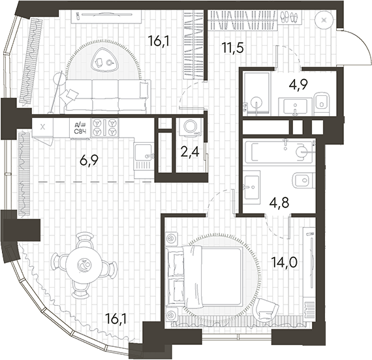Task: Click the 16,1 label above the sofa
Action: [x=159, y=40]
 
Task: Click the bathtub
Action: [x=281, y=151]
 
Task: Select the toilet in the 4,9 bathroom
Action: [x=321, y=102]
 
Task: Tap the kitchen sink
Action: [x=144, y=155]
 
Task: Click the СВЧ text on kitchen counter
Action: [x=80, y=131]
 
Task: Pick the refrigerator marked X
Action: [x=43, y=127]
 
